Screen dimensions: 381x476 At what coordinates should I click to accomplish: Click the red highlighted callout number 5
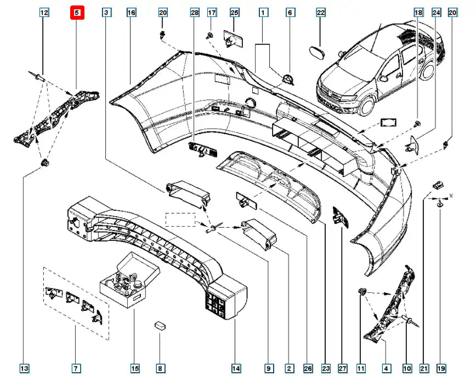point(76,12)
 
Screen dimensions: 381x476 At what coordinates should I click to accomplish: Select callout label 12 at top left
point(44,12)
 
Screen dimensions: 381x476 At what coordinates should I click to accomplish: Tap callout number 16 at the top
point(131,12)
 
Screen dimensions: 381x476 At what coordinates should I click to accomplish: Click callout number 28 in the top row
point(194,12)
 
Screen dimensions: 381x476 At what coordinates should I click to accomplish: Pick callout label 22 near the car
point(321,12)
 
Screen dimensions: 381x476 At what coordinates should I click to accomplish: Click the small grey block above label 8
point(160,324)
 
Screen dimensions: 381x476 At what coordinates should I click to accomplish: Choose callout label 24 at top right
point(436,12)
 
